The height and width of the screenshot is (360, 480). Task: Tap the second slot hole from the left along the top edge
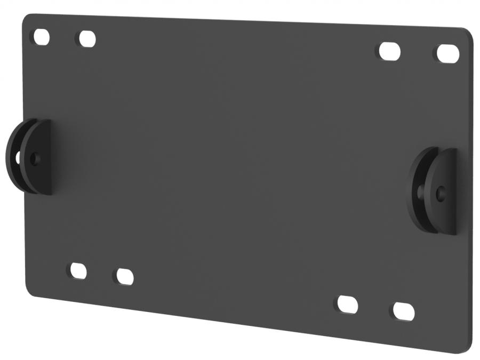pyautogui.click(x=86, y=39)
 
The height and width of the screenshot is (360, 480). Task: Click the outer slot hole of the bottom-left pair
pyautogui.click(x=78, y=271)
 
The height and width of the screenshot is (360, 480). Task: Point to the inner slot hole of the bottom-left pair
pyautogui.click(x=124, y=277)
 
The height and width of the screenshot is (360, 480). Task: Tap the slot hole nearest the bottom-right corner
pyautogui.click(x=403, y=311)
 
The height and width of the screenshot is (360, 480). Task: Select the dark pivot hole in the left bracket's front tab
pyautogui.click(x=35, y=158)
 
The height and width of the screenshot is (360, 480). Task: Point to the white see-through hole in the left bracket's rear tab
pyautogui.click(x=18, y=158)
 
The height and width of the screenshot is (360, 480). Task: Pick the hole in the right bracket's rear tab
pyautogui.click(x=421, y=190)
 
